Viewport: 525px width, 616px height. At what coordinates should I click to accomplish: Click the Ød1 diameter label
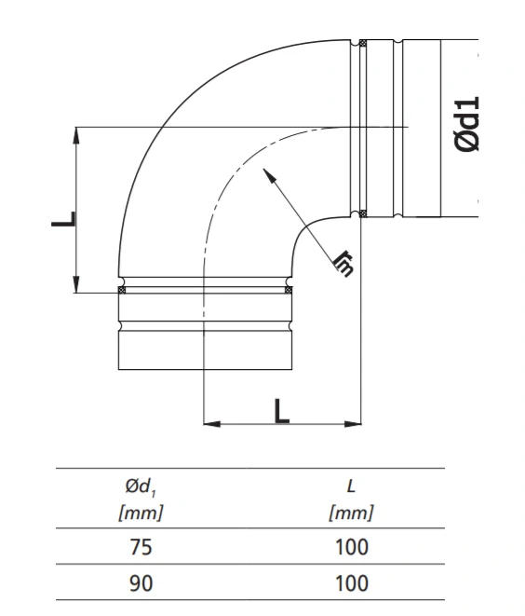click(467, 124)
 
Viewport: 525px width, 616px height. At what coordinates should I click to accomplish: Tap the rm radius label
click(343, 264)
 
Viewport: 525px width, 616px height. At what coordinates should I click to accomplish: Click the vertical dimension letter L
click(63, 219)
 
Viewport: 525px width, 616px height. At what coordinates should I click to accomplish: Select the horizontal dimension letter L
click(282, 411)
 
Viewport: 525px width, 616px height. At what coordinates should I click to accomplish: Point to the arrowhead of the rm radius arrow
click(268, 174)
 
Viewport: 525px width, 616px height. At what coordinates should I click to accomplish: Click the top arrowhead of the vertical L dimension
click(76, 135)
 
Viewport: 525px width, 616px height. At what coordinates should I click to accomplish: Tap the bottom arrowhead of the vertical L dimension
click(76, 284)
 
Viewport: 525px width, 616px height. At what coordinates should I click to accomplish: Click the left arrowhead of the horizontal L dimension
click(212, 424)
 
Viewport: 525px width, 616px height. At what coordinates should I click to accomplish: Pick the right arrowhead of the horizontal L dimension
click(353, 424)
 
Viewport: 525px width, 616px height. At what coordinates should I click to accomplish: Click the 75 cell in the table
click(141, 547)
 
